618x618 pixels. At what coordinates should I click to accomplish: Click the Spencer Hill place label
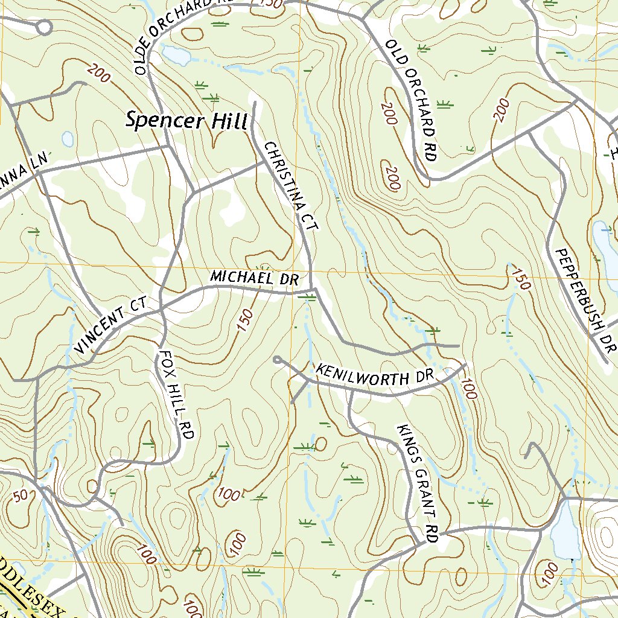pos(186,120)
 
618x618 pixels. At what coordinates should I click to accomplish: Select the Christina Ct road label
pos(290,187)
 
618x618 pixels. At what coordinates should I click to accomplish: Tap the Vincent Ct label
pos(112,329)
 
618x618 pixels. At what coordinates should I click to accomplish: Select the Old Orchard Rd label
pos(411,100)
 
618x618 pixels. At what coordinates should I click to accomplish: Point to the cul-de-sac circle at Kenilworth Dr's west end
pos(277,360)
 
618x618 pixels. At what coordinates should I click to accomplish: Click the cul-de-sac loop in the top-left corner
pos(43,27)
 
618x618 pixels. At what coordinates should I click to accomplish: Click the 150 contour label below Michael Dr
pos(246,318)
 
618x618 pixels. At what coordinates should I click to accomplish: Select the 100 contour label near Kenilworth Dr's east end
pos(468,389)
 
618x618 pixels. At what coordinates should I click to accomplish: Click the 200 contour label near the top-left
pos(98,73)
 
